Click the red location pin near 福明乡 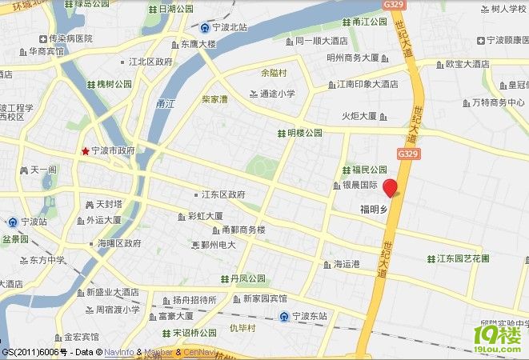[x=391, y=189]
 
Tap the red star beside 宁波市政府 [x=85, y=150]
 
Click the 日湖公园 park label [x=177, y=9]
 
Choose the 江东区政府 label [x=223, y=194]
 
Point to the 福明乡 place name [x=373, y=210]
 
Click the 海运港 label [x=347, y=264]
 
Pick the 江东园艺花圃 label [x=463, y=258]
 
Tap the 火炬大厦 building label [x=359, y=117]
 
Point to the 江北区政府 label [x=150, y=61]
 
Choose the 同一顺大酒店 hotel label [x=321, y=40]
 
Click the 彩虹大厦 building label [x=205, y=216]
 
